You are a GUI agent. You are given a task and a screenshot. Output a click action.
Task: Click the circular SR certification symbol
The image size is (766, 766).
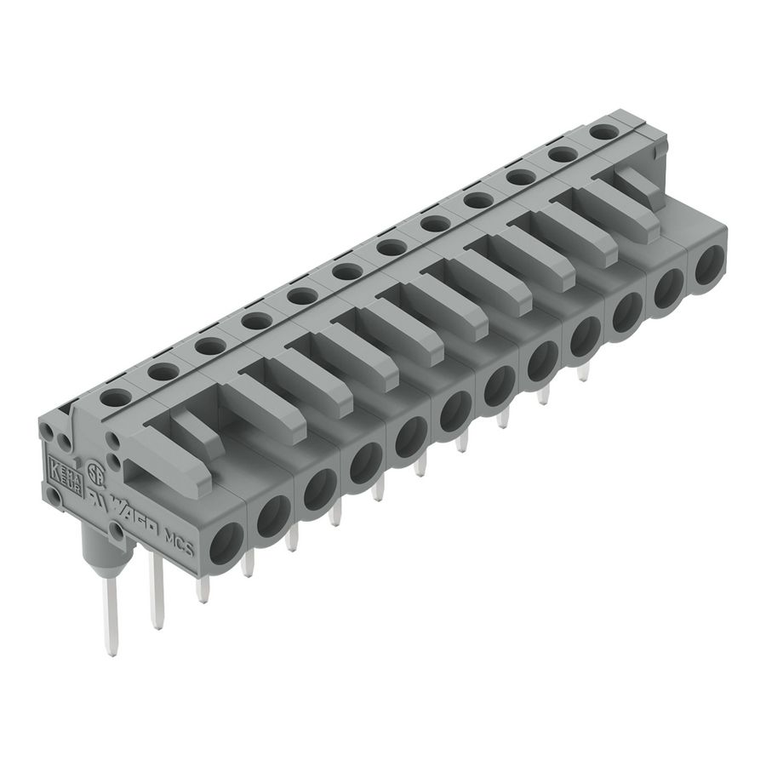(x=94, y=472)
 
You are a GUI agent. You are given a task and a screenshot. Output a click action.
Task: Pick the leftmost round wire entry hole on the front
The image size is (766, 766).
(x=227, y=543)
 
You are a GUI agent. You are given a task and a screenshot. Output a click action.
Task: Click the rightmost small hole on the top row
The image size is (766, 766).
(x=603, y=132)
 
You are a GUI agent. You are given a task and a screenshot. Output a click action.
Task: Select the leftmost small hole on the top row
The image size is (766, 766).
(x=114, y=396)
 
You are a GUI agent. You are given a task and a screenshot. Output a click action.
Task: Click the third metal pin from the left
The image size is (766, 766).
(x=203, y=587)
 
